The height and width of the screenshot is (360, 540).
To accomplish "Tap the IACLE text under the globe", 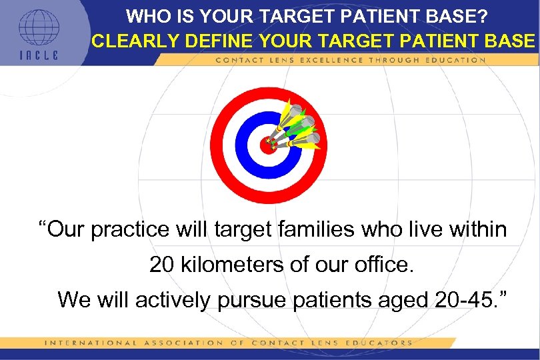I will coord(39,55).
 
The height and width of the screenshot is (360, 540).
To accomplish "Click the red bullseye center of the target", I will coord(268,145).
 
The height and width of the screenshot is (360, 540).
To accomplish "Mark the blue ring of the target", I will coord(244,145).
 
